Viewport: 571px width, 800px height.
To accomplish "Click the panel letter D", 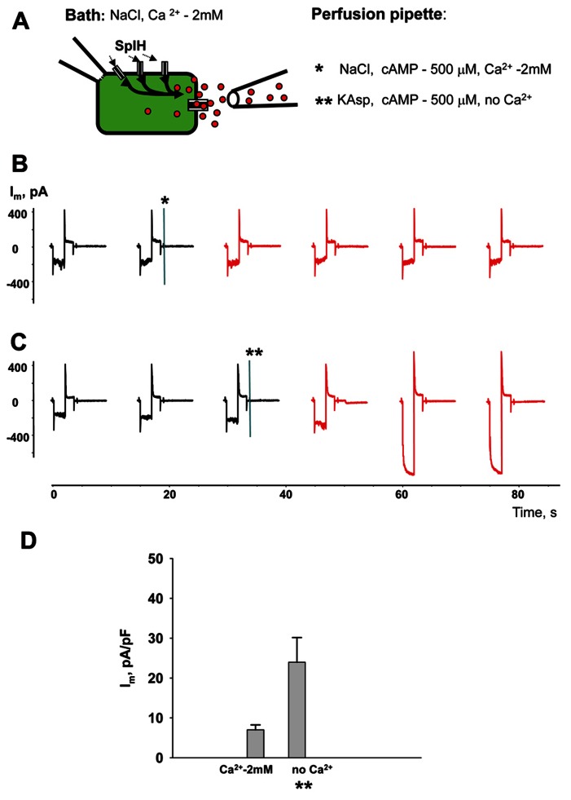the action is click(29, 540).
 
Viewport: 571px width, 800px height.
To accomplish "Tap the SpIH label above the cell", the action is click(130, 46).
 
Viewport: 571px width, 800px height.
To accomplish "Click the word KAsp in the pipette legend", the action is click(355, 100).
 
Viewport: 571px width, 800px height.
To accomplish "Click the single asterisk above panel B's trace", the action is click(165, 201).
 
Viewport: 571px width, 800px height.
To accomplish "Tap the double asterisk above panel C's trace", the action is click(253, 352).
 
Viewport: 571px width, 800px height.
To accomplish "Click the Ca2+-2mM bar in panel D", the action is click(256, 744).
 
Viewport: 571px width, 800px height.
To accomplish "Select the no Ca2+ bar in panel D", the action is click(296, 709).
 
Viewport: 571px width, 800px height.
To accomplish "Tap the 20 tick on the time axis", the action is click(169, 494).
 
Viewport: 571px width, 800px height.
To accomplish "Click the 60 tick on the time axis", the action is click(402, 494).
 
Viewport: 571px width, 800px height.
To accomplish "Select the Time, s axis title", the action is click(534, 512).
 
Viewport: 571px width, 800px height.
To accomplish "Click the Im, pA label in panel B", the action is click(29, 192).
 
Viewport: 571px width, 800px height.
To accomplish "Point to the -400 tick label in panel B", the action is click(19, 281).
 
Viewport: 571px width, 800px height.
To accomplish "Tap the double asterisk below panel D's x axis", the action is click(304, 785).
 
